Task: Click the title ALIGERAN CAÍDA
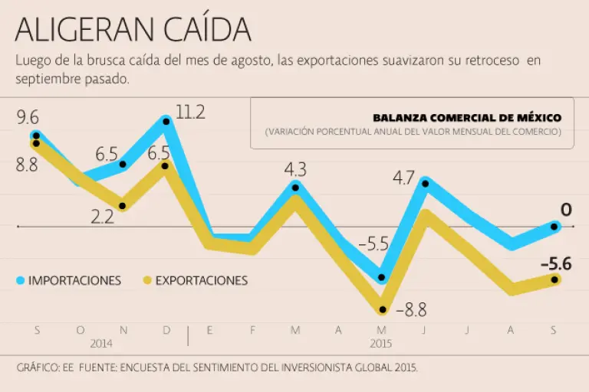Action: tap(133, 30)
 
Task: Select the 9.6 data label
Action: tap(27, 117)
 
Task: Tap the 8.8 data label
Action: tap(27, 164)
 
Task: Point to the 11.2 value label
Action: tap(190, 113)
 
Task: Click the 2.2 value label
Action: tap(102, 217)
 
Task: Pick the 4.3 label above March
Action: tap(295, 168)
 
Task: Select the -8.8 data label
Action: tap(411, 310)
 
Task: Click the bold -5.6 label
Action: tap(556, 264)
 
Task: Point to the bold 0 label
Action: tap(566, 210)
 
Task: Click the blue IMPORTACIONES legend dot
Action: tap(21, 281)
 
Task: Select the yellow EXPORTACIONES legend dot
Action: tap(148, 281)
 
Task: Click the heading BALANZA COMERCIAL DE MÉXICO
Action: tap(467, 118)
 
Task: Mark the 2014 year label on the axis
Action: tap(101, 344)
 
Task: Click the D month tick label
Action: tap(166, 330)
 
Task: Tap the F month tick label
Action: tap(252, 330)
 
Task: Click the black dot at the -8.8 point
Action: tap(382, 309)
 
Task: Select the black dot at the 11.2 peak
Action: tap(166, 121)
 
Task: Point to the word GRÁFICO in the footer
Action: tap(37, 368)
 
